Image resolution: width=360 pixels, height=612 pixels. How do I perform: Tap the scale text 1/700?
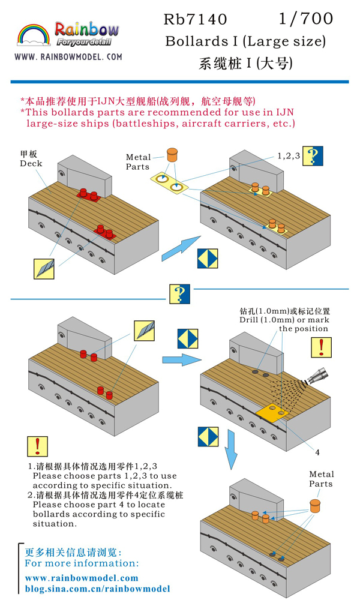[305, 19]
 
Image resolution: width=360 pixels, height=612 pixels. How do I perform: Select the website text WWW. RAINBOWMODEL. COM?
[68, 58]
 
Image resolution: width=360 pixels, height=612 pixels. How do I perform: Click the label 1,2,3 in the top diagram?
[288, 155]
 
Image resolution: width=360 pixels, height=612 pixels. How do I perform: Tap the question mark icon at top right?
[313, 156]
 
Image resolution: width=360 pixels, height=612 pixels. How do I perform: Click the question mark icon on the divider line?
[178, 295]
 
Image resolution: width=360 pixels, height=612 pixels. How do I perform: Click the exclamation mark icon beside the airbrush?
[321, 347]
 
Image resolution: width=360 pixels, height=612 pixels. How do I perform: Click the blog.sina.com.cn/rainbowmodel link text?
[97, 589]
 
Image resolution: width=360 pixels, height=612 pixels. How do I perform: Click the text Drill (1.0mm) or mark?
[286, 320]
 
